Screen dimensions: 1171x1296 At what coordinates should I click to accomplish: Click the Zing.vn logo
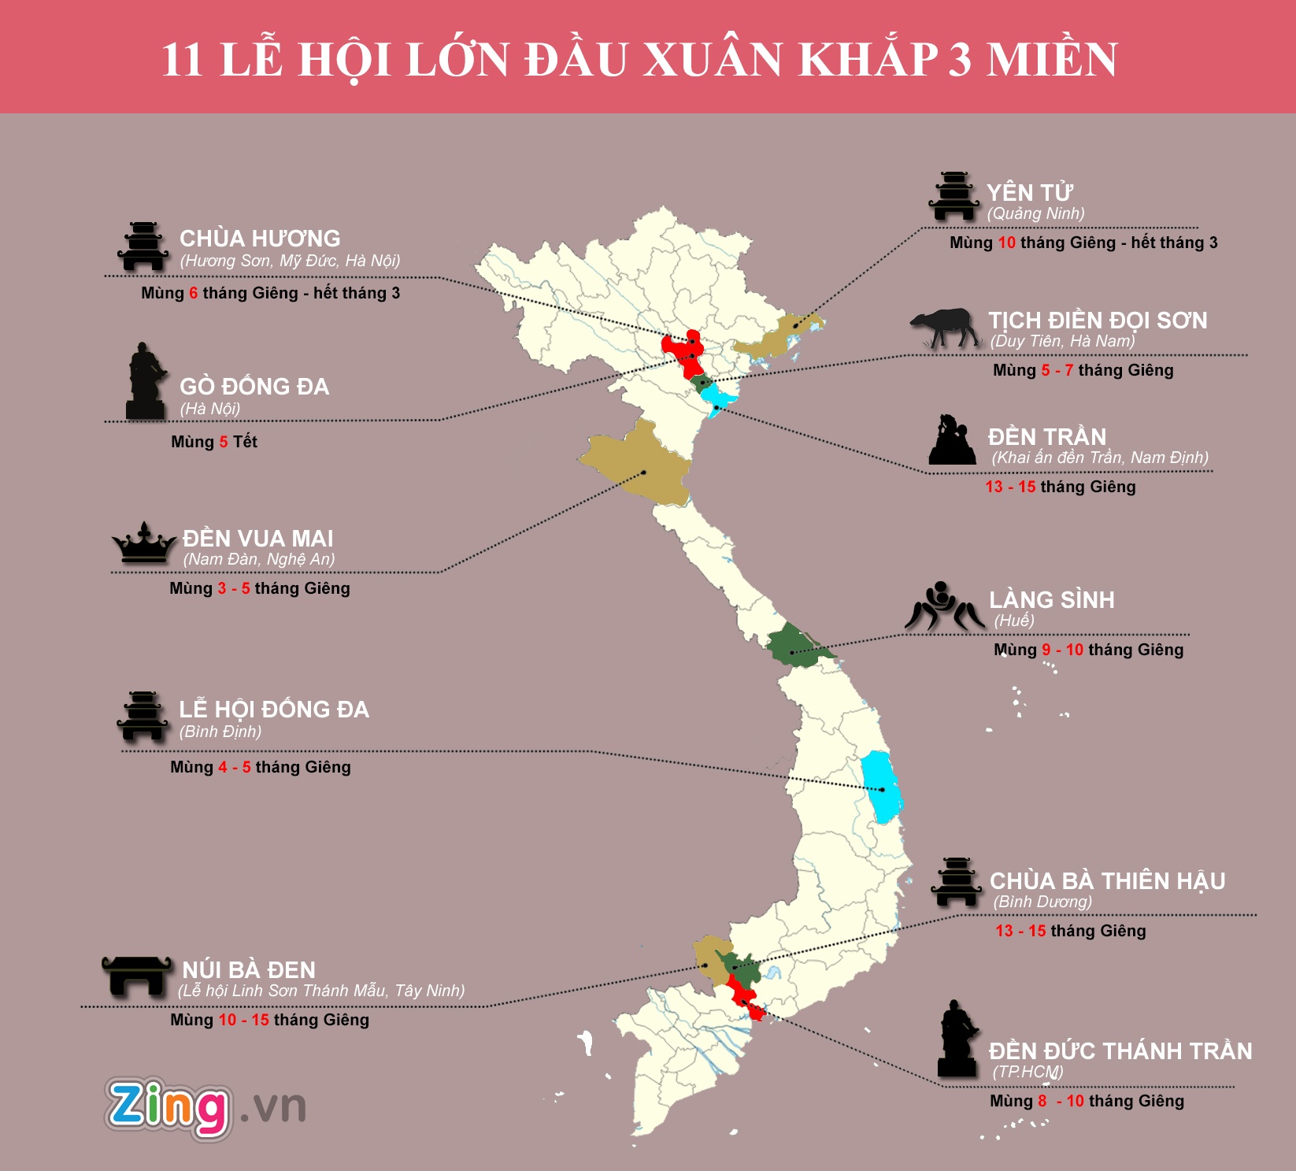pyautogui.click(x=205, y=1107)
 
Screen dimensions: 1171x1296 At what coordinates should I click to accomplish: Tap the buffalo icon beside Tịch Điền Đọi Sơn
pyautogui.click(x=946, y=327)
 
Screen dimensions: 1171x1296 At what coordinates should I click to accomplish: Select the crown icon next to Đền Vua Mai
pyautogui.click(x=143, y=543)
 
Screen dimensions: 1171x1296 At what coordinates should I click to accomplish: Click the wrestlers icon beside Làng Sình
pyautogui.click(x=943, y=606)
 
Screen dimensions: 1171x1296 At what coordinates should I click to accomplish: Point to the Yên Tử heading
pyautogui.click(x=1030, y=193)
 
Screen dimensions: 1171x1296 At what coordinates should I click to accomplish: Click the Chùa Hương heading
pyautogui.click(x=260, y=239)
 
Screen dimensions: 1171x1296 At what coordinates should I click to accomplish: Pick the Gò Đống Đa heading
pyautogui.click(x=254, y=387)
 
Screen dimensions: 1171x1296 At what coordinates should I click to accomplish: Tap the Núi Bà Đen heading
pyautogui.click(x=249, y=970)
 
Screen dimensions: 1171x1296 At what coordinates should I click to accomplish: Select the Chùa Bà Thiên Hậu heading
pyautogui.click(x=1107, y=881)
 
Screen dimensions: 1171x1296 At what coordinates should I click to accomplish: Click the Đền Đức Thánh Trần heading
pyautogui.click(x=1120, y=1051)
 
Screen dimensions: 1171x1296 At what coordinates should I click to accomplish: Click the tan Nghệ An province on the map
pyautogui.click(x=638, y=465)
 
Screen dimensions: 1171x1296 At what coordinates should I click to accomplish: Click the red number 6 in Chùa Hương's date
pyautogui.click(x=194, y=294)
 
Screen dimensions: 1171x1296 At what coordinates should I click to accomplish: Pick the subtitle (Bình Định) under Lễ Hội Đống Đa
pyautogui.click(x=220, y=732)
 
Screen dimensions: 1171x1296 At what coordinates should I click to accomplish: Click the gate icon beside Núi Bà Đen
pyautogui.click(x=136, y=976)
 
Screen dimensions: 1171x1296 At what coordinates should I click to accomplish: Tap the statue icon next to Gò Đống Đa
pyautogui.click(x=146, y=381)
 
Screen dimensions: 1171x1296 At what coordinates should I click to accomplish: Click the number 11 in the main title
pyautogui.click(x=183, y=60)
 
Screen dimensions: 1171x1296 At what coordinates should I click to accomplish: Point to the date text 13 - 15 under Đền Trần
pyautogui.click(x=1010, y=487)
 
